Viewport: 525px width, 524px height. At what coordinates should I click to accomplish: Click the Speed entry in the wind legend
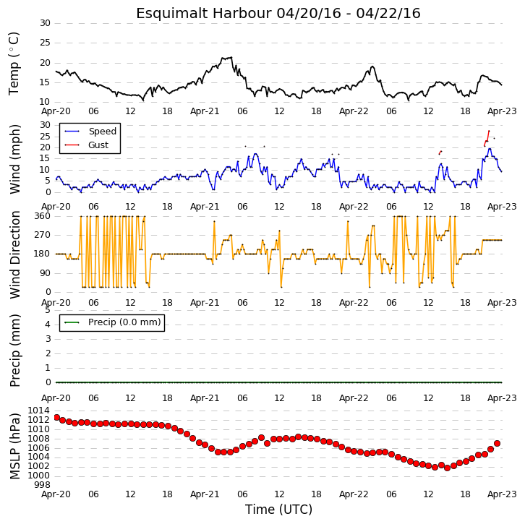tap(90, 131)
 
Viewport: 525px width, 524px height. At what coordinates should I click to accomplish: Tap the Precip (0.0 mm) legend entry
tap(113, 322)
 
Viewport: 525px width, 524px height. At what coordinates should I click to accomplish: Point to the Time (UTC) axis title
tap(278, 510)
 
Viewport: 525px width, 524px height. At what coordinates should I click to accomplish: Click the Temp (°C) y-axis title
tap(14, 64)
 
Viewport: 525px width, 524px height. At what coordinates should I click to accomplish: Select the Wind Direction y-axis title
tap(14, 254)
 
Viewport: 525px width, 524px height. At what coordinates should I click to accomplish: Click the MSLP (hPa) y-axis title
tap(14, 446)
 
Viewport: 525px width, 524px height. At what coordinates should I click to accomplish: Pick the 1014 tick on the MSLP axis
tap(38, 411)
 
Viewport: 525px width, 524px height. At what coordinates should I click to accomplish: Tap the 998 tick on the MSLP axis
tap(41, 485)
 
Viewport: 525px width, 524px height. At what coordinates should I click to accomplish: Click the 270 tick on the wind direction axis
tap(43, 235)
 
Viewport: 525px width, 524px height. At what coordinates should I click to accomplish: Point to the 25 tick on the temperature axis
tap(45, 43)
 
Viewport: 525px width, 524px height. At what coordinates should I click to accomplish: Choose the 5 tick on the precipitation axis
tap(48, 310)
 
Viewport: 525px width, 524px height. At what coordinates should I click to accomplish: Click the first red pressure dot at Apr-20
tap(57, 417)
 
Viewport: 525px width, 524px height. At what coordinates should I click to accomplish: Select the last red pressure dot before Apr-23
tap(497, 443)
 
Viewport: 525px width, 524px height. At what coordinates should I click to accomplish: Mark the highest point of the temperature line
tap(231, 57)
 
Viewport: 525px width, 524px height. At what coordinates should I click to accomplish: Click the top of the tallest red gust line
tap(489, 131)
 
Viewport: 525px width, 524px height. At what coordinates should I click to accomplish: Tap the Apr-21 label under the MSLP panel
tap(205, 494)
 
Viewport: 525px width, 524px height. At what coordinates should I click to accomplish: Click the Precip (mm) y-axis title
tap(14, 351)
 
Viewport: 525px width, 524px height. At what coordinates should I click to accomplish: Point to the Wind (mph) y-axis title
tap(14, 159)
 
